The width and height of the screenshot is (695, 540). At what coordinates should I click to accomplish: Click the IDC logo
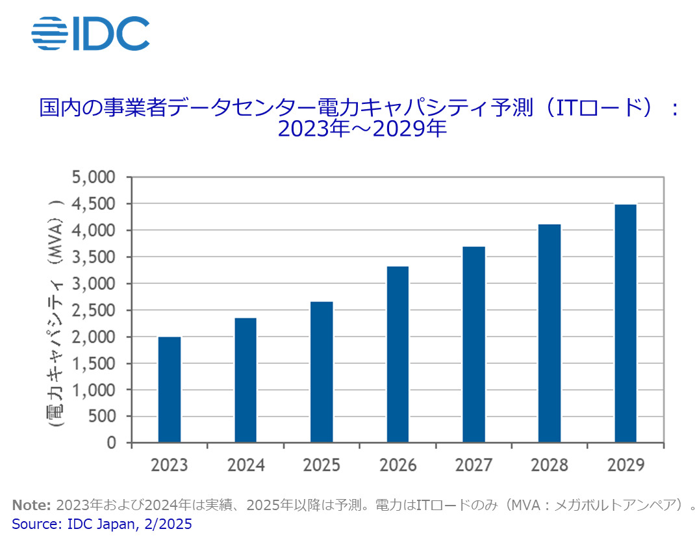point(90,33)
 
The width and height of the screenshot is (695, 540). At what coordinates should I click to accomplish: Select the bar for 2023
point(170,390)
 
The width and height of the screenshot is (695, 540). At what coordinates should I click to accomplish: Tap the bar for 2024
point(246,380)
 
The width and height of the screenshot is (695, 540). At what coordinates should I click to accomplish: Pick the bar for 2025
point(322,372)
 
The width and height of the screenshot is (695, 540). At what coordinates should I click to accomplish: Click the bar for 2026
point(398,354)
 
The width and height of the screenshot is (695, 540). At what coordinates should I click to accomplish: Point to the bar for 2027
point(474,344)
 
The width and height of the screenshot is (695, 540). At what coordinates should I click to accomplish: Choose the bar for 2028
point(550,333)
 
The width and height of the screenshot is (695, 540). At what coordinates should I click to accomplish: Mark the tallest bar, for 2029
point(625,324)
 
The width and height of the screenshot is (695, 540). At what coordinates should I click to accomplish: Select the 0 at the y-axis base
point(111,443)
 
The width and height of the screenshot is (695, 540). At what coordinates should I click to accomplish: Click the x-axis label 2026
point(398,465)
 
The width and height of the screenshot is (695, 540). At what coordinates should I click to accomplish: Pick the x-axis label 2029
point(625,465)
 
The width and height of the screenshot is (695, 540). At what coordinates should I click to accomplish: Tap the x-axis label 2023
point(170,465)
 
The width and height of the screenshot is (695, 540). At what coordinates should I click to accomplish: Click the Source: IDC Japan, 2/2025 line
point(102,523)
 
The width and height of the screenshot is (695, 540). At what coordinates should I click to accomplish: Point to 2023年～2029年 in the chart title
point(362,128)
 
